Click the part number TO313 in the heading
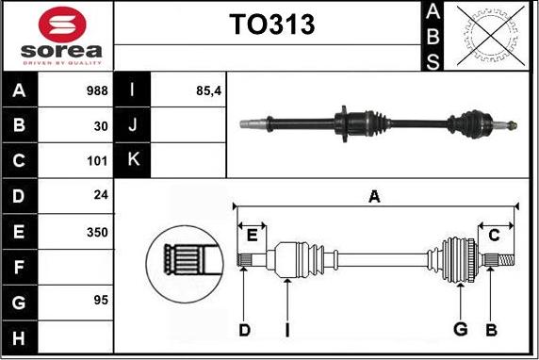(x=272, y=25)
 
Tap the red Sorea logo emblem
(x=62, y=25)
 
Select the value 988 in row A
(x=97, y=90)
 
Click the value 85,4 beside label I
(x=208, y=90)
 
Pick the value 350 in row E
(x=97, y=233)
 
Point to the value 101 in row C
(x=97, y=161)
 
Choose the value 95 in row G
(x=101, y=301)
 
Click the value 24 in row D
(x=101, y=195)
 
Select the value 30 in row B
(x=101, y=126)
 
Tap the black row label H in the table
(x=19, y=338)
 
